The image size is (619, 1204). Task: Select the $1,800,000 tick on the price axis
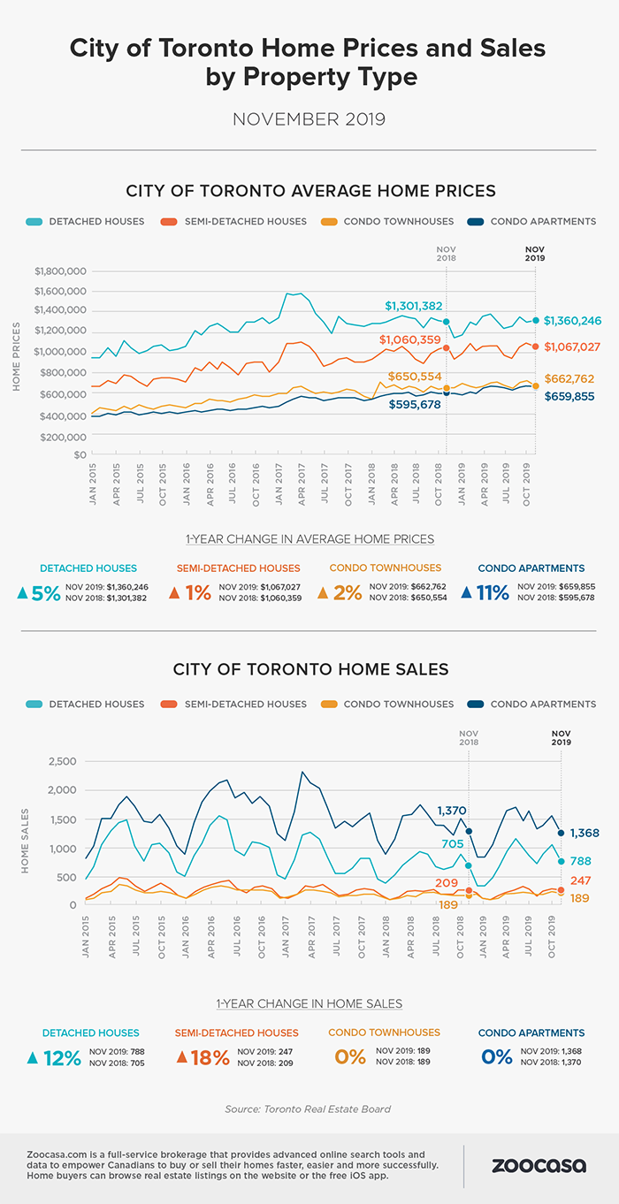click(60, 271)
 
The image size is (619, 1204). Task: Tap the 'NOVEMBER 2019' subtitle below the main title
click(309, 118)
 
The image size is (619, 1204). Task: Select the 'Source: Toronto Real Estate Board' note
click(309, 1109)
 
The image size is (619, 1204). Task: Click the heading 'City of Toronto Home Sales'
click(309, 669)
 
